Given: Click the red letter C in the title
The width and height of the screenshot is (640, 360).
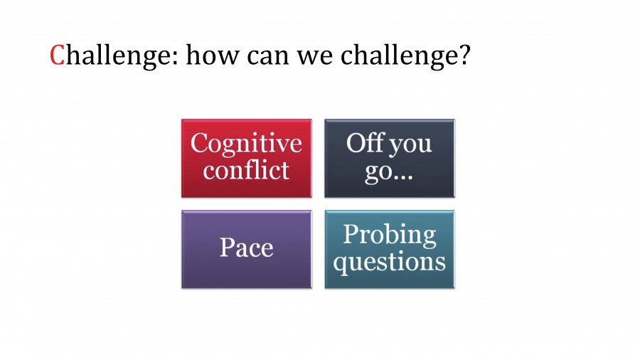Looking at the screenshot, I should point(58,55).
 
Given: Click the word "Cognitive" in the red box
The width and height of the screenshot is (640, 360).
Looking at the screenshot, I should point(246,144).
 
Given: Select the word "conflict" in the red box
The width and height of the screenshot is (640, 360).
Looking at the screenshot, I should point(246,171).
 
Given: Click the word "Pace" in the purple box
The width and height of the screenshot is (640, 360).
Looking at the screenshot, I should point(246,248).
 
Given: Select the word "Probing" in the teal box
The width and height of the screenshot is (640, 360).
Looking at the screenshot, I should point(389,235).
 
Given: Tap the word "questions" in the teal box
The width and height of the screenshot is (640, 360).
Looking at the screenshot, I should point(389,262).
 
